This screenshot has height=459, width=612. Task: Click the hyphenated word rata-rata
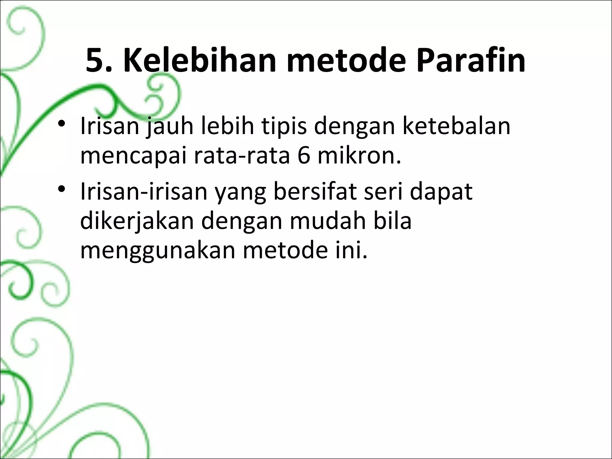[x=242, y=157]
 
